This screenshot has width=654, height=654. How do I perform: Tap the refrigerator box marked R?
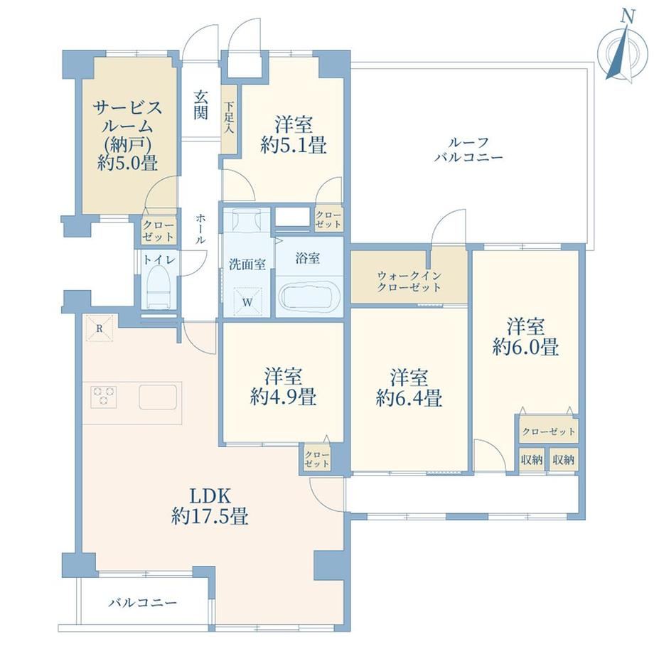(x=100, y=328)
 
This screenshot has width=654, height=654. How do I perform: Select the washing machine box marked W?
(x=247, y=302)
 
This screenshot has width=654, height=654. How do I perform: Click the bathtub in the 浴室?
(x=309, y=297)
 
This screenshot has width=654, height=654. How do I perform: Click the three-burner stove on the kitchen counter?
(x=104, y=396)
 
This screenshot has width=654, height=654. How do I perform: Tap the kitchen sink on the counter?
(x=158, y=397)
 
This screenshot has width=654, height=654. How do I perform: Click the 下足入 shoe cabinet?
(x=229, y=119)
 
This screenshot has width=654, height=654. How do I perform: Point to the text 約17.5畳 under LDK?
(x=210, y=518)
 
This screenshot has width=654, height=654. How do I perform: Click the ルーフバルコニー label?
(x=468, y=150)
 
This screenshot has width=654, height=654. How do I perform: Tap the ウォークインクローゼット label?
(x=409, y=281)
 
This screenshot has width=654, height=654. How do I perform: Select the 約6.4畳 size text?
(x=409, y=398)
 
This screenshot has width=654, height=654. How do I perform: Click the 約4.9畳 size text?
(x=283, y=397)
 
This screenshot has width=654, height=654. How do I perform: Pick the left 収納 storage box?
(x=532, y=460)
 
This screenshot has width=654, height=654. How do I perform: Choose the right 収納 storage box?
(x=564, y=460)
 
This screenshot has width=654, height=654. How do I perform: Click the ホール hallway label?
(x=200, y=229)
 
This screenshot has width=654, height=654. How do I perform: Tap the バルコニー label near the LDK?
(x=143, y=603)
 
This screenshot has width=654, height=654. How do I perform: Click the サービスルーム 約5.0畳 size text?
(x=128, y=163)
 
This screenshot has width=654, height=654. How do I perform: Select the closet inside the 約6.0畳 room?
(x=549, y=431)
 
